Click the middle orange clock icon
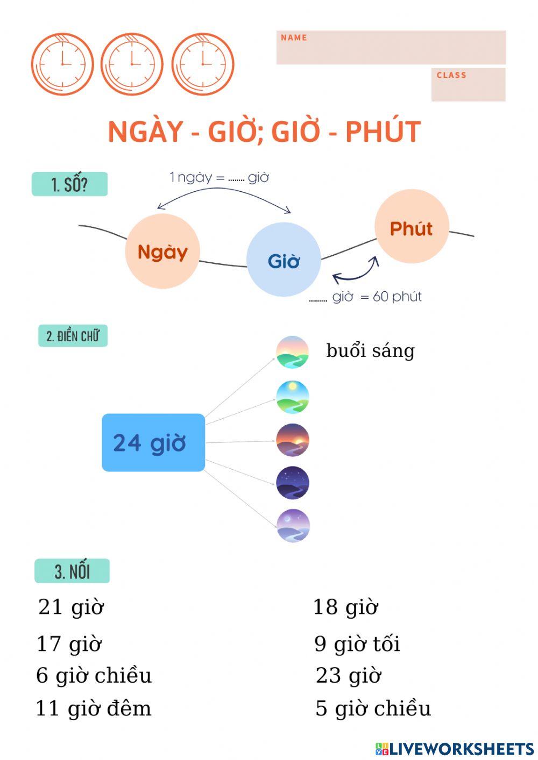click(132, 64)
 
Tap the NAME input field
click(391, 48)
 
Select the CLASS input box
click(468, 85)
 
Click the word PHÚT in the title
click(383, 132)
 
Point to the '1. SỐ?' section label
click(70, 184)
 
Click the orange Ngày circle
click(162, 252)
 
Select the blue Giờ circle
click(284, 260)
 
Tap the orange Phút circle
click(412, 227)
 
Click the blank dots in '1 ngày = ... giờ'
click(236, 178)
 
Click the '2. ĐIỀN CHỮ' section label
click(73, 336)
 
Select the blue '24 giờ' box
click(153, 442)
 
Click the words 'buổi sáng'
click(370, 350)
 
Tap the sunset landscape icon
click(293, 440)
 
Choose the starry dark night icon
click(293, 483)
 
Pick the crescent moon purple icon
click(293, 526)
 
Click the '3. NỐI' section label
click(72, 571)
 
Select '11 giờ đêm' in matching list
click(94, 708)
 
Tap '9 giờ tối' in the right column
click(357, 643)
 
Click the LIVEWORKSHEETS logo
click(455, 749)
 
